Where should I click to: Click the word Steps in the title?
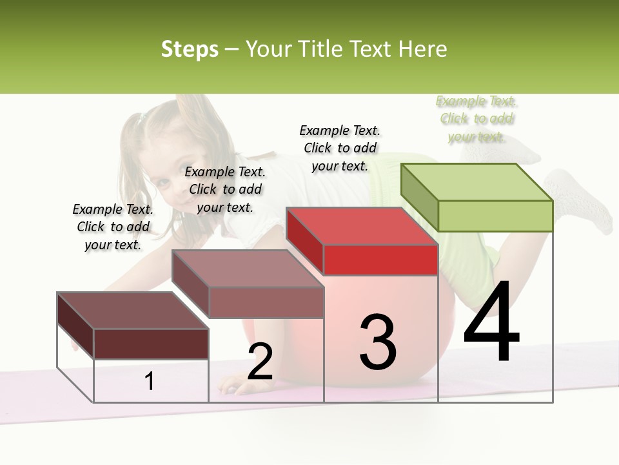click(x=190, y=49)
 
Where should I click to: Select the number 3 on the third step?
click(x=378, y=342)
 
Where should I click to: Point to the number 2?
click(x=260, y=362)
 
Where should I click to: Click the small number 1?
click(x=150, y=382)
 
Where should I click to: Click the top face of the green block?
click(x=476, y=181)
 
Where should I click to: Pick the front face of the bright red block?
click(x=380, y=260)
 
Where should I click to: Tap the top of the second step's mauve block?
click(x=247, y=268)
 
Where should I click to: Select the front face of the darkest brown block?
click(x=151, y=344)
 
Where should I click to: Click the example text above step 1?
click(x=113, y=227)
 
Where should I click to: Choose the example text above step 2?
click(x=225, y=189)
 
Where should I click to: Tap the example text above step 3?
click(x=340, y=148)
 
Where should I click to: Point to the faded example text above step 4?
click(x=477, y=118)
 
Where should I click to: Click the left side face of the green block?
click(x=419, y=198)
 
